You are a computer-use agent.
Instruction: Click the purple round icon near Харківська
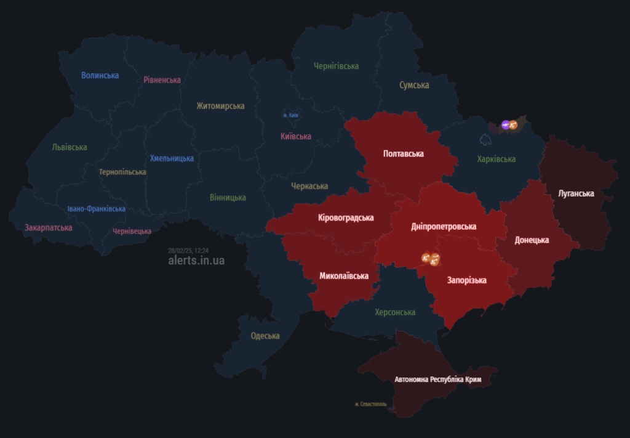506,125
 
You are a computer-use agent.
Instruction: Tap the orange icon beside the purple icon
514,125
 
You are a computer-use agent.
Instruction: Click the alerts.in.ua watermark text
196,261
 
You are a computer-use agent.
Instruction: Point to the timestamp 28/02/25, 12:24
188,251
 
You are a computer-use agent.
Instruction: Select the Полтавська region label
403,153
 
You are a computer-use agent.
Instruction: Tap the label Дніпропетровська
444,227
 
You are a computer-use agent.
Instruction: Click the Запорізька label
466,280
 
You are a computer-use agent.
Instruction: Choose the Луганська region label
576,193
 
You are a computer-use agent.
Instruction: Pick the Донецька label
532,240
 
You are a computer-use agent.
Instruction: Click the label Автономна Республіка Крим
437,379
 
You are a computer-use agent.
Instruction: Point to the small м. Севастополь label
371,404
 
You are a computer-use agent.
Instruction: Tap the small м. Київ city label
291,115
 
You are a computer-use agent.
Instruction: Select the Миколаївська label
344,275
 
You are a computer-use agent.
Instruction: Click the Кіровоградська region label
346,217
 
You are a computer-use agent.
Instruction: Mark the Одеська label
265,336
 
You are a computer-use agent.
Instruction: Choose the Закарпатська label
49,227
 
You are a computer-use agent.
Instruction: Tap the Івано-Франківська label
97,209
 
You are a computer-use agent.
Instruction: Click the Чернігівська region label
336,66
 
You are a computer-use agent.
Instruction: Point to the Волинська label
100,75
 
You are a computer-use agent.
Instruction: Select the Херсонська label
395,312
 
